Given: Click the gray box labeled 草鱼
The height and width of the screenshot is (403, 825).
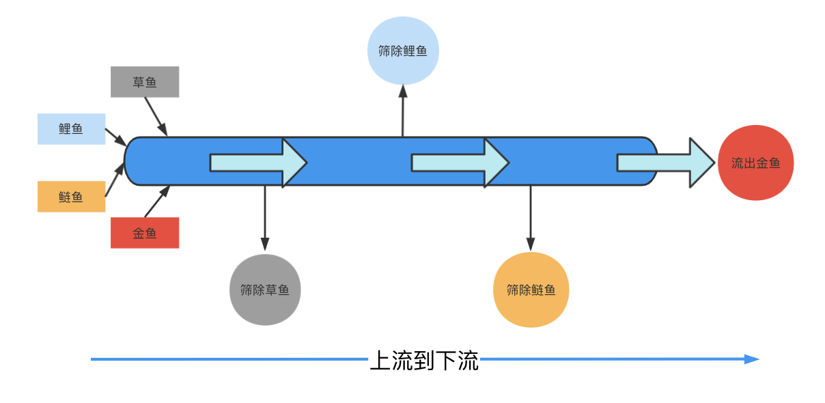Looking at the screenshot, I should pyautogui.click(x=145, y=82).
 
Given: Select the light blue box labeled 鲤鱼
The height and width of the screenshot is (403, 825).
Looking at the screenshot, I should pyautogui.click(x=71, y=129).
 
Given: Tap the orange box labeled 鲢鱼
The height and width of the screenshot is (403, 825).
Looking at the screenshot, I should pyautogui.click(x=71, y=197).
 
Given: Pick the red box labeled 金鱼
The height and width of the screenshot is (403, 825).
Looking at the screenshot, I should pyautogui.click(x=145, y=233).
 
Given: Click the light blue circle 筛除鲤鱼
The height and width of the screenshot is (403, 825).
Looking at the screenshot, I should pyautogui.click(x=403, y=51).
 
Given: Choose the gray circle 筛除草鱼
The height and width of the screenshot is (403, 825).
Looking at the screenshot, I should pyautogui.click(x=265, y=290).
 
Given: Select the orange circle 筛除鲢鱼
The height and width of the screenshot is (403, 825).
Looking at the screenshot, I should pyautogui.click(x=531, y=290).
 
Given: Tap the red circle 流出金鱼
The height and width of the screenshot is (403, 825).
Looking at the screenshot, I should pyautogui.click(x=755, y=163).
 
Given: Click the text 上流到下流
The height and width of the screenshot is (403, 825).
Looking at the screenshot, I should pyautogui.click(x=424, y=360).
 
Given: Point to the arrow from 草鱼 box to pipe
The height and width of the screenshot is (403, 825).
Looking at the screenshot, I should pyautogui.click(x=156, y=116).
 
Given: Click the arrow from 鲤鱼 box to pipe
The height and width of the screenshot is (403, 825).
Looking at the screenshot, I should pyautogui.click(x=115, y=137).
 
